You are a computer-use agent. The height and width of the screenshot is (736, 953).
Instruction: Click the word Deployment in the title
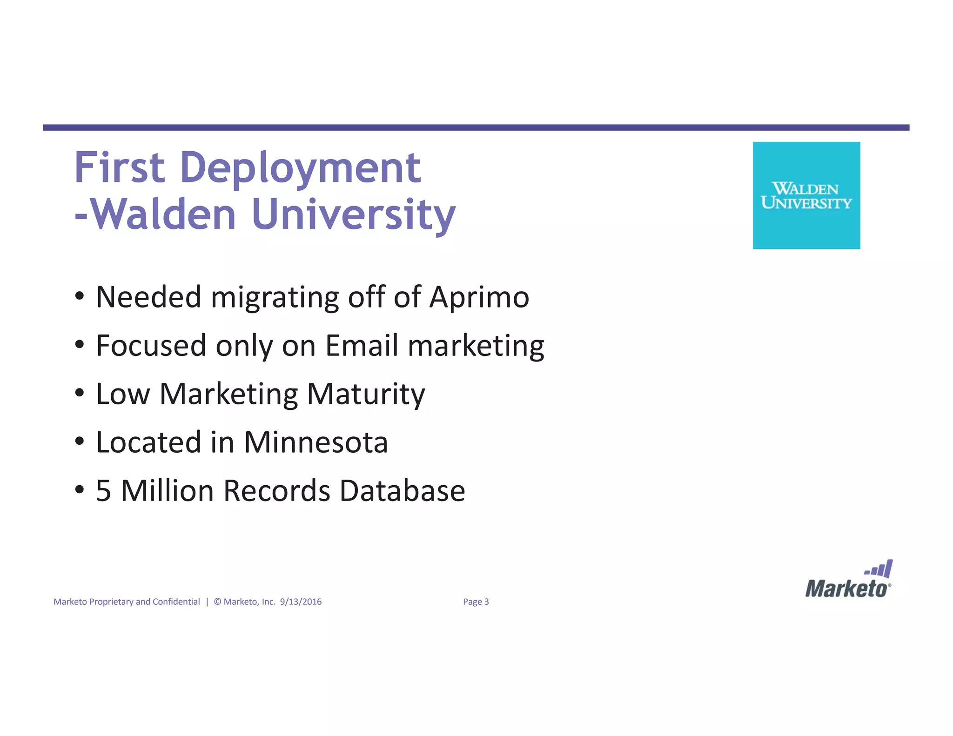pos(300,168)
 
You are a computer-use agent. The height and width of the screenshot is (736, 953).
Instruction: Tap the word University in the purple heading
pos(354,215)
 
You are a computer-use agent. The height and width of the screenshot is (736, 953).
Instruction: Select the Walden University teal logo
pos(806,195)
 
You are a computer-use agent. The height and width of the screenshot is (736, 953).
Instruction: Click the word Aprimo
pos(479,298)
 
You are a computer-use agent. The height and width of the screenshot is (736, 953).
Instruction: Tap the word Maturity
pos(366,395)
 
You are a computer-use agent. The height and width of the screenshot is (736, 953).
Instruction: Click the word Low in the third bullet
pos(123,394)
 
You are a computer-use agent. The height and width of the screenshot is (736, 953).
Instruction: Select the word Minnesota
pos(315,442)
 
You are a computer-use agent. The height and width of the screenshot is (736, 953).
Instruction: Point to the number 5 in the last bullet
pos(103,491)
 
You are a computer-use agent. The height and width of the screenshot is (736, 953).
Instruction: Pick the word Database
pos(402,491)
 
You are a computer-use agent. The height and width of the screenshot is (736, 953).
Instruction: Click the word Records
pos(277,491)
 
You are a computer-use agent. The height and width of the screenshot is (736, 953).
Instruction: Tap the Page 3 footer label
pos(476,602)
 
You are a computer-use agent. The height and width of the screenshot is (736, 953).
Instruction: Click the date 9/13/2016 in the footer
pos(301,602)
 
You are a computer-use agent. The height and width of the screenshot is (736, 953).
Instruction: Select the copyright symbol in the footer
pos(217,602)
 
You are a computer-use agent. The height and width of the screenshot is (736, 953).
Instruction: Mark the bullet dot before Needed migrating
pos(80,296)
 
